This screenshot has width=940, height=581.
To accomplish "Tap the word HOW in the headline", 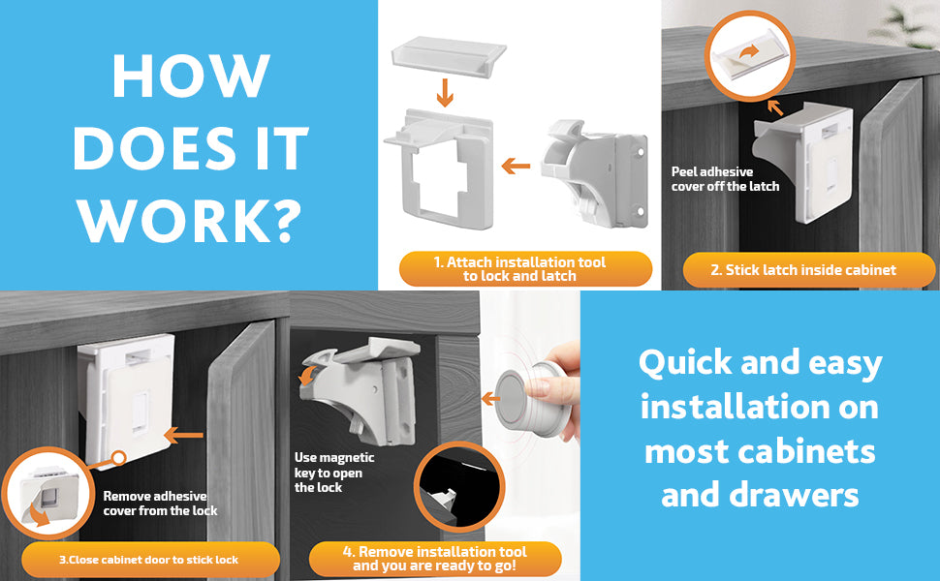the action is pyautogui.click(x=191, y=76).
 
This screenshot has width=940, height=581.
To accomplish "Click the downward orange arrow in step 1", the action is pyautogui.click(x=444, y=92).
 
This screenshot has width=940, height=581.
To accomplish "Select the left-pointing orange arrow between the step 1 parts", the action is pyautogui.click(x=516, y=166).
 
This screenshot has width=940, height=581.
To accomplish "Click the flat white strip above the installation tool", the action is pyautogui.click(x=449, y=55).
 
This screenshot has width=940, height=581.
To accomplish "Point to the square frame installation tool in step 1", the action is pyautogui.click(x=439, y=168).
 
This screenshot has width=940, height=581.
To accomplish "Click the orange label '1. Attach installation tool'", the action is pyautogui.click(x=526, y=269).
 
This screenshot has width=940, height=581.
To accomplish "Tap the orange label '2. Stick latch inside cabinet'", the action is pyautogui.click(x=809, y=270).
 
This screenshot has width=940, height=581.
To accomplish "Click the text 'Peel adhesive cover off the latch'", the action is pyautogui.click(x=725, y=179).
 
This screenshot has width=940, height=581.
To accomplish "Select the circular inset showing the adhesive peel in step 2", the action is pyautogui.click(x=749, y=56).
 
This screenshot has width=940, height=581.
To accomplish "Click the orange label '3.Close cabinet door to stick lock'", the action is pyautogui.click(x=150, y=560).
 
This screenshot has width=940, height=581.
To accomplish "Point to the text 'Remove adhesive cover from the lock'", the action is pyautogui.click(x=160, y=504).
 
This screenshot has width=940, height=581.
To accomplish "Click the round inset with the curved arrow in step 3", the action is pyautogui.click(x=47, y=493).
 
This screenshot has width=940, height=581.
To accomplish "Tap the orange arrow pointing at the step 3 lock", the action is pyautogui.click(x=183, y=436).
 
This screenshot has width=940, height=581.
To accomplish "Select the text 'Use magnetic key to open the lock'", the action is pyautogui.click(x=334, y=473).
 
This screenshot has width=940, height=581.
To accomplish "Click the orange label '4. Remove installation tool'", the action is pyautogui.click(x=435, y=559).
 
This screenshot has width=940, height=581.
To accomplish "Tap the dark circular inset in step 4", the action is pyautogui.click(x=459, y=487).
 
